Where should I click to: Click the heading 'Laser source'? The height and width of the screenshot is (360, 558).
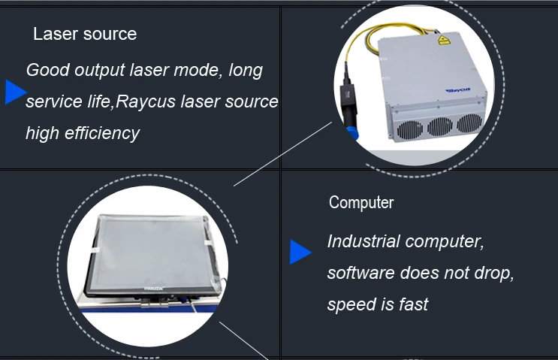pos(85,34)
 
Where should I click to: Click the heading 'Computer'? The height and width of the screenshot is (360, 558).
pos(361,203)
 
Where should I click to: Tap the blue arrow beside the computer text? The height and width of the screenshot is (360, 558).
pos(300,253)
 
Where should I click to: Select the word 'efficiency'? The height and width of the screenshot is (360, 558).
pos(101,133)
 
